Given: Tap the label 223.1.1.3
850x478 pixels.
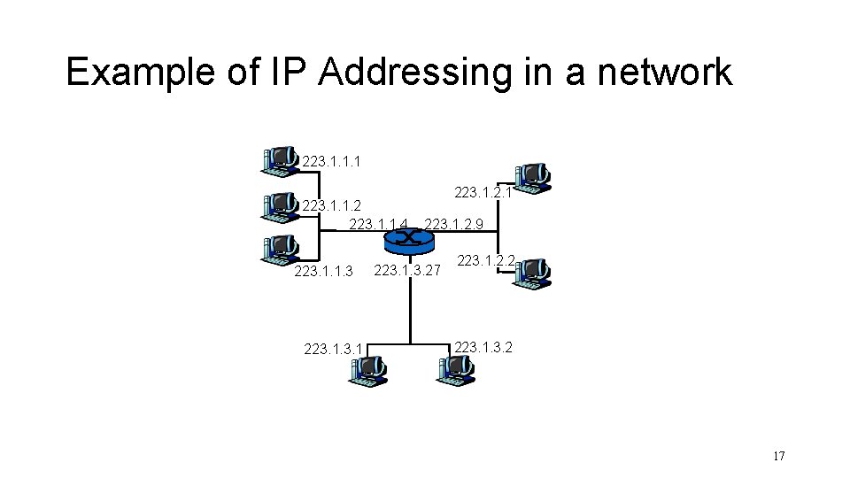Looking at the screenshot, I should point(323,271).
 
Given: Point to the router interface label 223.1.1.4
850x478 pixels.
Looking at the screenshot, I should point(379,224).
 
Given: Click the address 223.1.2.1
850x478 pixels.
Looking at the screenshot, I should point(483,192).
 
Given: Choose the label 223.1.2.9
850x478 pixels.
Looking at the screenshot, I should point(454,224).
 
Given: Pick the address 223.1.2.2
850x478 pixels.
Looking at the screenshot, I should point(486,260).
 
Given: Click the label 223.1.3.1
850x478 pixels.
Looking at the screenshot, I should point(333,349).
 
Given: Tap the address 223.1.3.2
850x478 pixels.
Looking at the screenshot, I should point(483,346).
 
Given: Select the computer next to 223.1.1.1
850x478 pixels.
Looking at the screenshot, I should point(280,160).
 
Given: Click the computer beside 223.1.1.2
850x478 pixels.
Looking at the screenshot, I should point(280,205).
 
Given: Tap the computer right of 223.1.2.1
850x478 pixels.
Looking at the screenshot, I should point(530,177).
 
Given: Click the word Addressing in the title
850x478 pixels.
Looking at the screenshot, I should point(416,73).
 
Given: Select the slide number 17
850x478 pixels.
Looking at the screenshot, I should point(778,457).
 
